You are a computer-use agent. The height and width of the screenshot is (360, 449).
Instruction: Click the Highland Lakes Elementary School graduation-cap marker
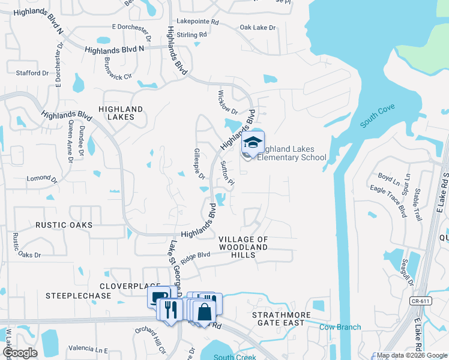253,143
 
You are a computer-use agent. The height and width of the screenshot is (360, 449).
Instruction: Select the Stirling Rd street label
191,35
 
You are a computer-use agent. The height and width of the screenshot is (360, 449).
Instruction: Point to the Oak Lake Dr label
258,28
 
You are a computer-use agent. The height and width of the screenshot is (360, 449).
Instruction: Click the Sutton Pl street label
226,173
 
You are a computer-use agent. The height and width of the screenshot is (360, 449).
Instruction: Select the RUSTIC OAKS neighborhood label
64,225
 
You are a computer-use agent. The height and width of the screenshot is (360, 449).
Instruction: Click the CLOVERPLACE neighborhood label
129,286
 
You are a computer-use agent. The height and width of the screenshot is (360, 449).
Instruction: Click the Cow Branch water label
340,327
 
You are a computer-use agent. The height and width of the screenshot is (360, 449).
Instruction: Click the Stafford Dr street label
32,73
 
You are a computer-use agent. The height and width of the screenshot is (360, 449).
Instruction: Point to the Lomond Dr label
42,179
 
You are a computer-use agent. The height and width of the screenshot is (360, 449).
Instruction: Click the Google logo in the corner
20,353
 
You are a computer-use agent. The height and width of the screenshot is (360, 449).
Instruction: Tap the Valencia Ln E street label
88,349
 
